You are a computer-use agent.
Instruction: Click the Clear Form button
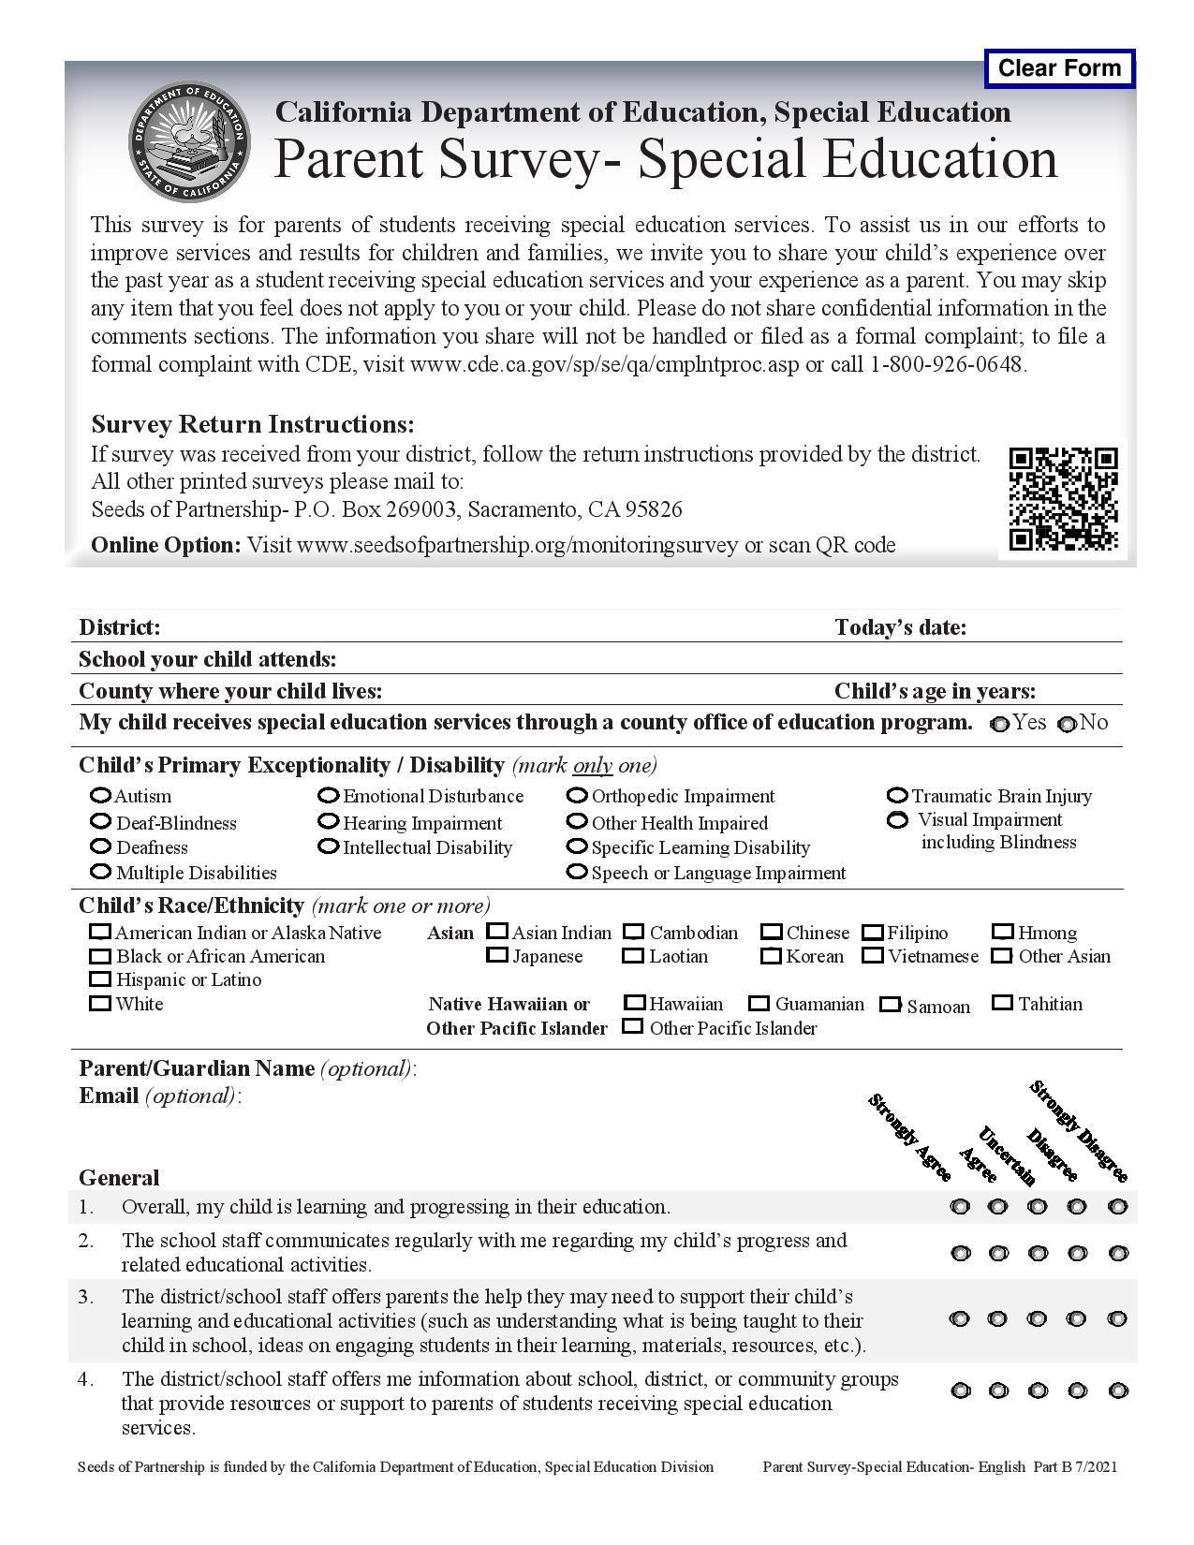1059,68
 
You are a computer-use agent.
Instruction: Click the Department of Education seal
190,140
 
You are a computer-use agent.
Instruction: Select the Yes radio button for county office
1000,724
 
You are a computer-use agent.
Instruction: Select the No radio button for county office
1067,724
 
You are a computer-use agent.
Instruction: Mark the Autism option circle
100,796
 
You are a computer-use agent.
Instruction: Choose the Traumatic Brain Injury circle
897,796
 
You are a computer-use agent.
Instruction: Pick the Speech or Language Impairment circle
577,872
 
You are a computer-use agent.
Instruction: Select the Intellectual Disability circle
328,846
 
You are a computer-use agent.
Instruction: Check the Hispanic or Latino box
99,979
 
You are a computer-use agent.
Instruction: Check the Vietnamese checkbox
873,956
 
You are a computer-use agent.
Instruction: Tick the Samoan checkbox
890,1005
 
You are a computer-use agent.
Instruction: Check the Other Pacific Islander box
633,1026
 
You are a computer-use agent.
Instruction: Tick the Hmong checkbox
1003,933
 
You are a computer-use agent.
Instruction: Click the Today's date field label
900,627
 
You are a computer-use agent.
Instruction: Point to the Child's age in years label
935,691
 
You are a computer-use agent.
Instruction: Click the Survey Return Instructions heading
252,424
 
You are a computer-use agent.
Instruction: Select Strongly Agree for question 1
960,1206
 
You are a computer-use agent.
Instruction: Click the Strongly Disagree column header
1079,1131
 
